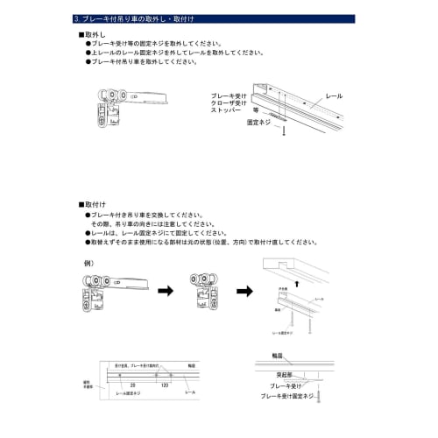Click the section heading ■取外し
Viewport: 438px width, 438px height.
(x=94, y=32)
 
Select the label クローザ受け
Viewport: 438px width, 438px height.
(x=228, y=103)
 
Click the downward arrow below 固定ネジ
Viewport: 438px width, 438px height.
(x=282, y=131)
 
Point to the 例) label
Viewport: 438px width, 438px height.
(x=88, y=263)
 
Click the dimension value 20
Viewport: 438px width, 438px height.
(x=132, y=385)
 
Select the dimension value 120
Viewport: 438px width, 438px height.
(x=165, y=385)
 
